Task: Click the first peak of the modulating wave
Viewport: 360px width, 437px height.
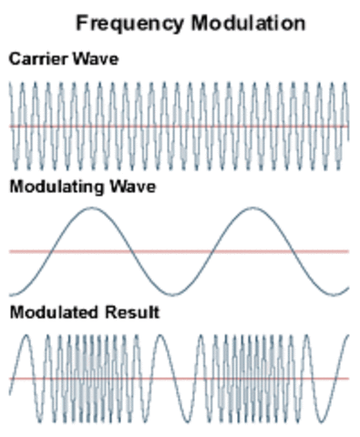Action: coord(92,208)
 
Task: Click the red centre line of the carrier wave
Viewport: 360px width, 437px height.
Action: coord(179,126)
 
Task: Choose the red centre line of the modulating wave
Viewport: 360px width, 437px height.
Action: coord(179,251)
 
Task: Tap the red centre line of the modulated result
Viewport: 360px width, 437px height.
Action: coord(179,378)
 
